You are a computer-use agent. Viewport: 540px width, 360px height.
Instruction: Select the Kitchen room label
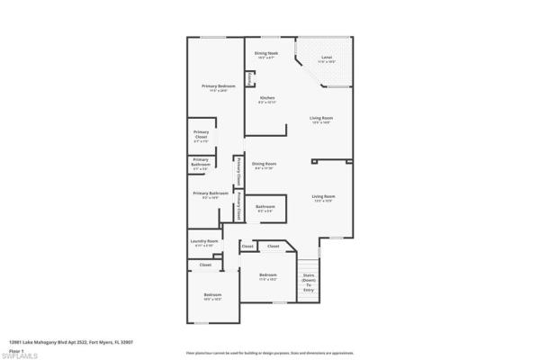(x=267, y=99)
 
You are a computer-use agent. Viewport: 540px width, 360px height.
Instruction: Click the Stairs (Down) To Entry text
(x=308, y=283)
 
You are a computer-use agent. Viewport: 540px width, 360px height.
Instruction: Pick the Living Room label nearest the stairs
(x=322, y=198)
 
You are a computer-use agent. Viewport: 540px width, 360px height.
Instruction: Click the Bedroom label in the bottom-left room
(x=212, y=297)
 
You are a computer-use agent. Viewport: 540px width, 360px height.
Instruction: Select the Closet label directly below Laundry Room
(x=205, y=265)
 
